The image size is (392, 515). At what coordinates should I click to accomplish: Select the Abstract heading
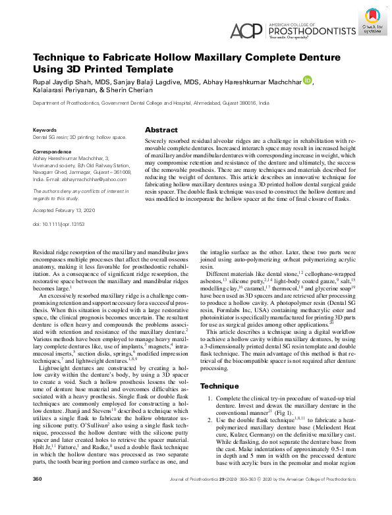(161, 130)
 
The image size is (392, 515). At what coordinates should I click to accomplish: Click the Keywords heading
(45, 131)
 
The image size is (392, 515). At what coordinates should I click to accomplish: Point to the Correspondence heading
(53, 151)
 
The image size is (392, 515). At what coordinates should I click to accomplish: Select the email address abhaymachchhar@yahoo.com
(89, 178)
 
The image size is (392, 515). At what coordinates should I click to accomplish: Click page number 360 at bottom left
(38, 497)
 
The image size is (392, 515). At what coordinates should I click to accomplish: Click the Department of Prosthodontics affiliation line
(151, 104)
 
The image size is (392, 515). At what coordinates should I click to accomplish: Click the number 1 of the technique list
(210, 400)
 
